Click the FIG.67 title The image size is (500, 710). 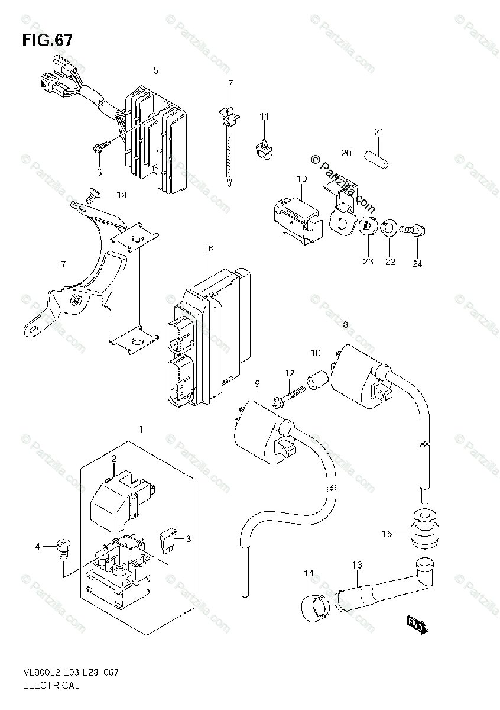click(47, 40)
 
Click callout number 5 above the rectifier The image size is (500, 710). click(155, 70)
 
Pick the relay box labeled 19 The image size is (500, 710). click(296, 215)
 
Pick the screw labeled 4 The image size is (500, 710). click(63, 547)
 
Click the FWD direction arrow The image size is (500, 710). click(417, 624)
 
